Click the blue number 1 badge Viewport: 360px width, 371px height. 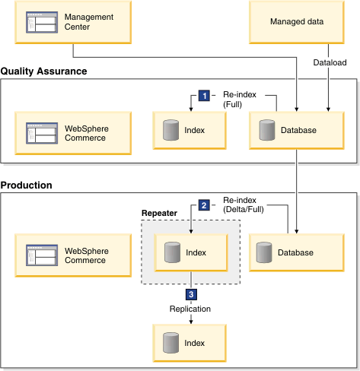(x=204, y=96)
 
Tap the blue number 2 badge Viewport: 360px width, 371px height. (x=204, y=205)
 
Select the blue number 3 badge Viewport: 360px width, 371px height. (x=191, y=294)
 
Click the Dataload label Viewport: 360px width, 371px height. (x=330, y=62)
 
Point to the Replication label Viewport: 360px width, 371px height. (x=190, y=309)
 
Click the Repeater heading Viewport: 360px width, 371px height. (x=159, y=213)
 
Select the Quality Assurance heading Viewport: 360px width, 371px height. (x=43, y=71)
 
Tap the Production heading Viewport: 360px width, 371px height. (x=27, y=185)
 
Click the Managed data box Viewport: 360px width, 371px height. (x=297, y=22)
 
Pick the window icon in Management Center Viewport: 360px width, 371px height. (x=42, y=22)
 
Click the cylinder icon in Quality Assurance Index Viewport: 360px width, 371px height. (x=170, y=130)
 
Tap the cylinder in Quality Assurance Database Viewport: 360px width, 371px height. (x=267, y=130)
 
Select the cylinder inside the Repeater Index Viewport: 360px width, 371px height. (x=172, y=252)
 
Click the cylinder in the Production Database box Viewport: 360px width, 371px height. (x=264, y=252)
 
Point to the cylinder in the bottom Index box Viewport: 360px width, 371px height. (x=170, y=343)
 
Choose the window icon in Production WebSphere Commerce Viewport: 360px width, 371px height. (x=42, y=255)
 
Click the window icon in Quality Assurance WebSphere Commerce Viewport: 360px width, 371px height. (x=42, y=133)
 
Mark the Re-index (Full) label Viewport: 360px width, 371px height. (x=240, y=100)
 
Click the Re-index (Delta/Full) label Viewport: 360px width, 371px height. (x=244, y=205)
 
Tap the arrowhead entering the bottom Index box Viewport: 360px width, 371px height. (x=191, y=322)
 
